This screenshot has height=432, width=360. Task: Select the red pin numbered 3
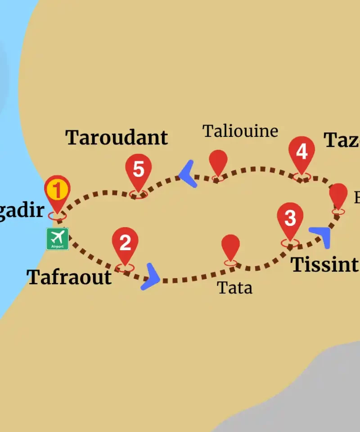pyautogui.click(x=290, y=219)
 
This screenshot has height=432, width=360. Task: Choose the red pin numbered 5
pyautogui.click(x=139, y=170)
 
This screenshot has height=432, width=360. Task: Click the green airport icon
pyautogui.click(x=58, y=238)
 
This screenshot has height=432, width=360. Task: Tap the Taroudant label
pyautogui.click(x=117, y=137)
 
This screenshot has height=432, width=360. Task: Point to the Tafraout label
pyautogui.click(x=69, y=277)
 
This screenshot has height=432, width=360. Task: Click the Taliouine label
pyautogui.click(x=240, y=131)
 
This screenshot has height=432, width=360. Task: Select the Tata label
pyautogui.click(x=234, y=288)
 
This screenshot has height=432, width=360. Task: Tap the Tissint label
pyautogui.click(x=324, y=265)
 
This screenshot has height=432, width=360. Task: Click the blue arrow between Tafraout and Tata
pyautogui.click(x=151, y=277)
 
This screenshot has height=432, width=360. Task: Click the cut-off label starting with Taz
pyautogui.click(x=342, y=140)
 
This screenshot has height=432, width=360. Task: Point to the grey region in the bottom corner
pyautogui.click(x=306, y=396)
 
